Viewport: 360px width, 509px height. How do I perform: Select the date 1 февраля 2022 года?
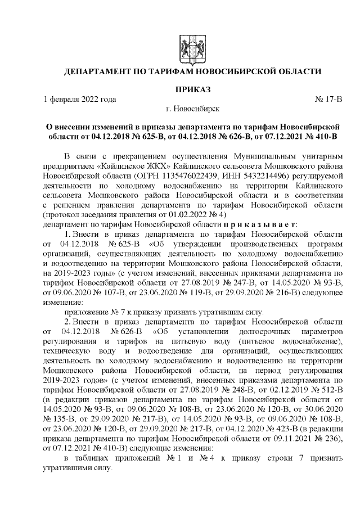[x=80, y=100]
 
